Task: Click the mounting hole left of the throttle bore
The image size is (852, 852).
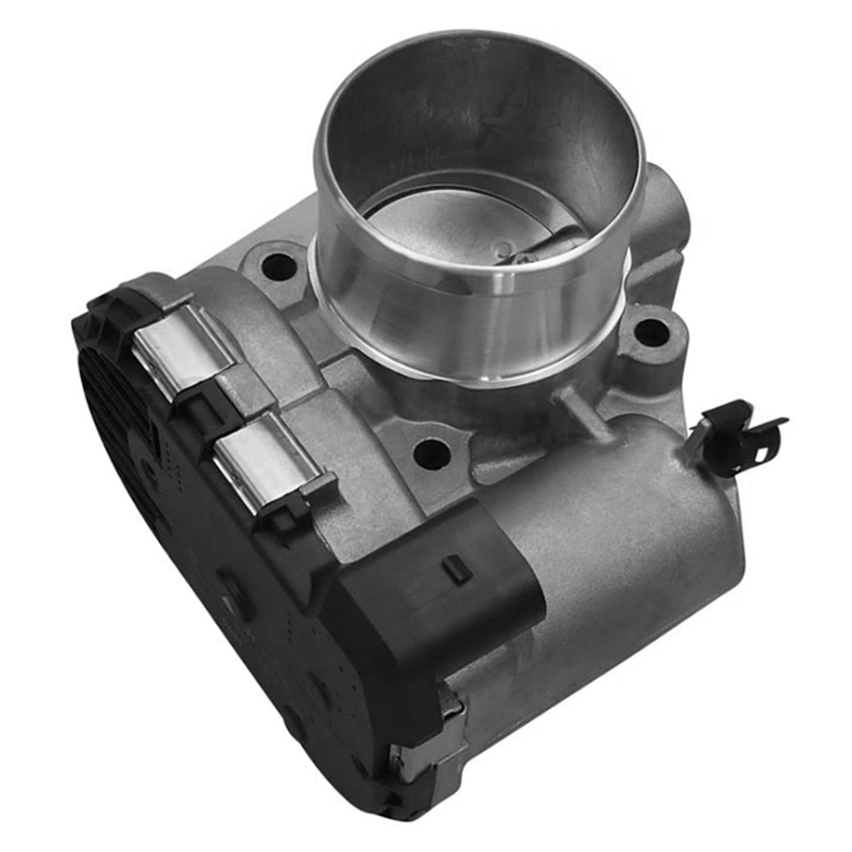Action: coord(279,267)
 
